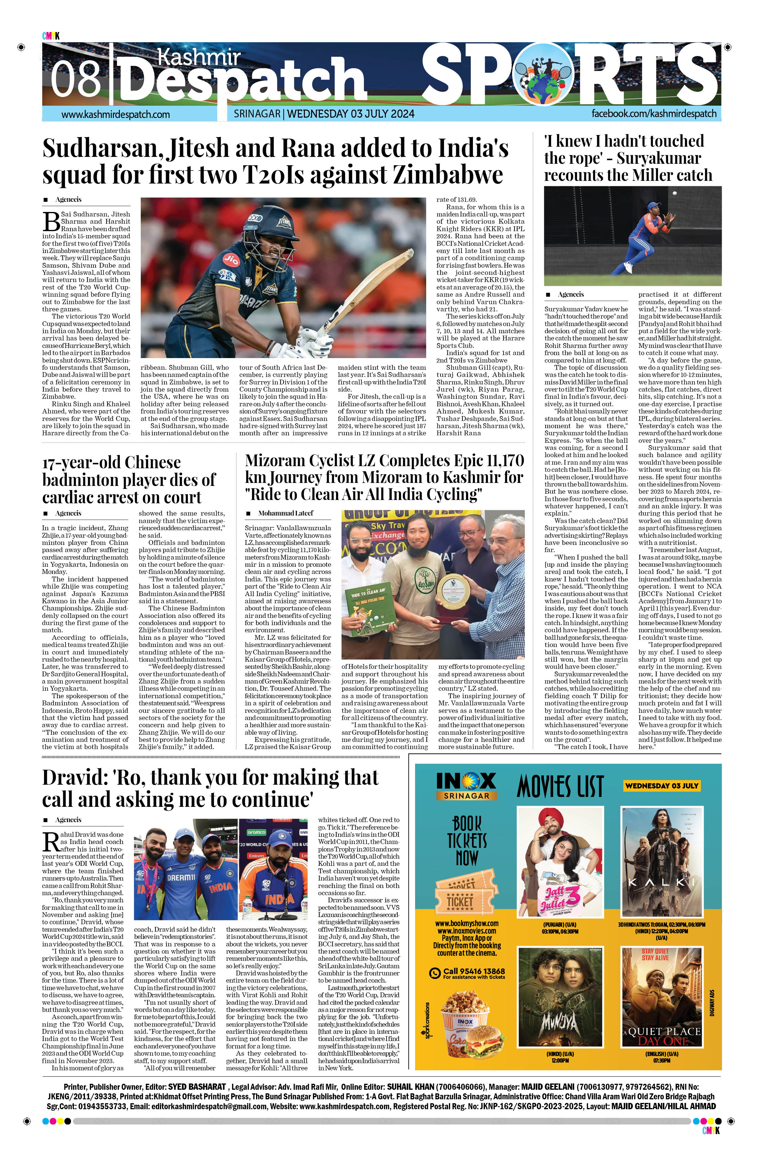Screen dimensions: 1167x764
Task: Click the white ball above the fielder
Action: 675,195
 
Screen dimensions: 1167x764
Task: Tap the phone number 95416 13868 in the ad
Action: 473,971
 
